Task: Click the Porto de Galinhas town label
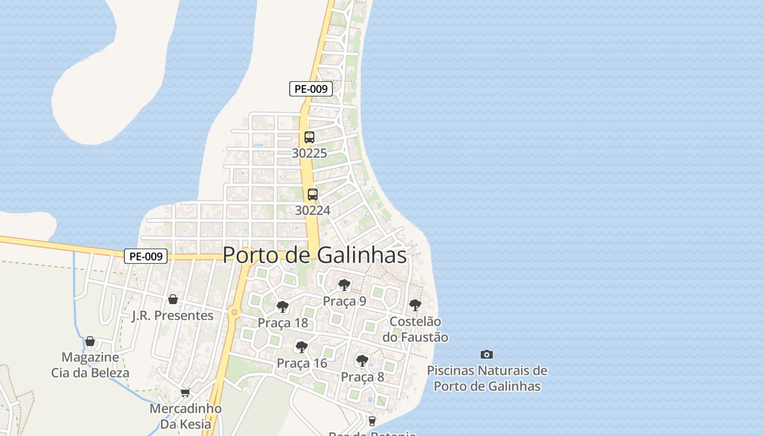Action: (315, 255)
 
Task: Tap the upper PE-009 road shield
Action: (311, 89)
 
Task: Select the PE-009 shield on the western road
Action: (145, 256)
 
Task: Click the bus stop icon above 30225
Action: (309, 137)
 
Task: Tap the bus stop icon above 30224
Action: (313, 195)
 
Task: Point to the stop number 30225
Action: (309, 153)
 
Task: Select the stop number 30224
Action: (313, 210)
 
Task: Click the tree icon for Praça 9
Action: (344, 284)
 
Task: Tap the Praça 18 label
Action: (283, 323)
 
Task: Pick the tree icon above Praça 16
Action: (301, 347)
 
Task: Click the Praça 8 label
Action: (362, 377)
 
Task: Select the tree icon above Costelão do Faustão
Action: (415, 305)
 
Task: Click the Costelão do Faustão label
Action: (419, 329)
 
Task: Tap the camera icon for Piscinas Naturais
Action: (487, 355)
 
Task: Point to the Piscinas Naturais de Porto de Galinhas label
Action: (487, 378)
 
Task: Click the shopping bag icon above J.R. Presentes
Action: (173, 299)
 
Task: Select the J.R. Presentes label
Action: (172, 316)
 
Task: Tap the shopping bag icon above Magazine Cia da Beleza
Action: (90, 342)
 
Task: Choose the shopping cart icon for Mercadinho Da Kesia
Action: (186, 392)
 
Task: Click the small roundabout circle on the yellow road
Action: (234, 312)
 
